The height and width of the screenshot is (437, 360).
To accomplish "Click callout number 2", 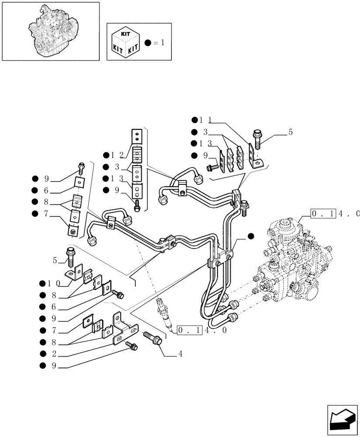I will pyautogui.click(x=54, y=354).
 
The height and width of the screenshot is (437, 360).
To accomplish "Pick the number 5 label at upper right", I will pyautogui.click(x=291, y=132).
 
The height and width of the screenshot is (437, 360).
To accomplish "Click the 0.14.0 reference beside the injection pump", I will pyautogui.click(x=335, y=214).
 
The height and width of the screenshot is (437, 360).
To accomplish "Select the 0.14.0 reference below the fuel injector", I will pyautogui.click(x=201, y=330).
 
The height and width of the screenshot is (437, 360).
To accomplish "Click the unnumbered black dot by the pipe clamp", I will pyautogui.click(x=251, y=236).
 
